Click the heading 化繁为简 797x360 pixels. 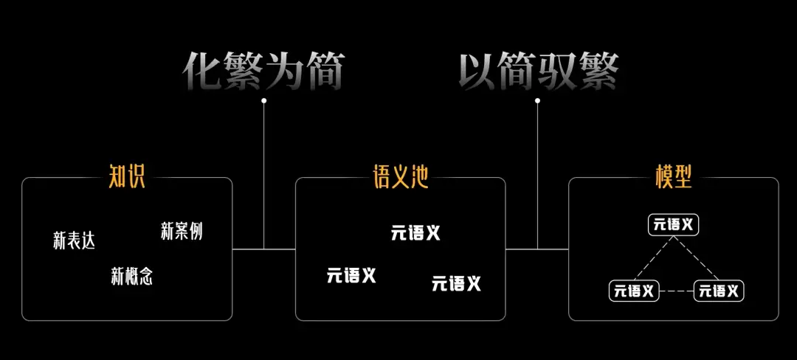coord(263,72)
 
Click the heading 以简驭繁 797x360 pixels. coord(539,72)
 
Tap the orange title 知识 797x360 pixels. coord(127,177)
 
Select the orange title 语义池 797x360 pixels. coord(401,177)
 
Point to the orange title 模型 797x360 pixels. coord(674,177)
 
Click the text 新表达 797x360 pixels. coord(75,240)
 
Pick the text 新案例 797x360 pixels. coord(182,230)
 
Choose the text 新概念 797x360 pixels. coord(132,276)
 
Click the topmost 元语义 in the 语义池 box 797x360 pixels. coord(415,233)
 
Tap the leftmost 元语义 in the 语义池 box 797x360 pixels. coord(351,276)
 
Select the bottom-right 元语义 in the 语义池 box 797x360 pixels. coord(457,283)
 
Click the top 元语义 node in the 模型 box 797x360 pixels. coord(674,225)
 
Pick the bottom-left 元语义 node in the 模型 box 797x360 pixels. coord(634,291)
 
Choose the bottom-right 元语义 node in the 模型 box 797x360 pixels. coord(719,291)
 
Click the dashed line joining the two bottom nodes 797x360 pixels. coord(677,291)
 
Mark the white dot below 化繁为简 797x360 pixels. coord(263,100)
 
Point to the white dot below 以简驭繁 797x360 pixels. coord(537,100)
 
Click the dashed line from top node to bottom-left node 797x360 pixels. coord(652,258)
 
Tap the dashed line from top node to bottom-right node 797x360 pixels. coord(697,258)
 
